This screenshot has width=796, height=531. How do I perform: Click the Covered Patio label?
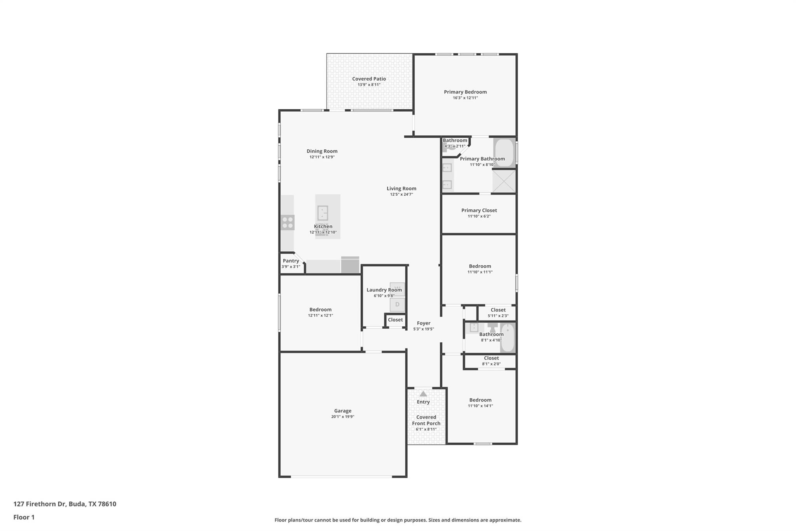pyautogui.click(x=369, y=79)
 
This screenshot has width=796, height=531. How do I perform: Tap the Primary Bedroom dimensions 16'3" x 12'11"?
pyautogui.click(x=465, y=98)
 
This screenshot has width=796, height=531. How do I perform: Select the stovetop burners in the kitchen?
pyautogui.click(x=288, y=223)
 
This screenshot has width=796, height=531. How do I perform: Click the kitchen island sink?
pyautogui.click(x=323, y=213)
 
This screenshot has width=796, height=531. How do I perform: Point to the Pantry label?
pyautogui.click(x=291, y=261)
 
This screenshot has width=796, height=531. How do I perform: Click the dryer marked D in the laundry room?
pyautogui.click(x=397, y=304)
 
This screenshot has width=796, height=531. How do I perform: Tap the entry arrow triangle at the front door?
pyautogui.click(x=423, y=394)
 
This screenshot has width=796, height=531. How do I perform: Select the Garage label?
pyautogui.click(x=342, y=410)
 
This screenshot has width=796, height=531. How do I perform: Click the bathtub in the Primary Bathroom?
pyautogui.click(x=504, y=153)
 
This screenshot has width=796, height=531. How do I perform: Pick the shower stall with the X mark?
pyautogui.click(x=504, y=181)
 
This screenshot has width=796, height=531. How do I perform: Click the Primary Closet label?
pyautogui.click(x=479, y=210)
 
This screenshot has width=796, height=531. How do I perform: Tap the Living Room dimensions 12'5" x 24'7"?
pyautogui.click(x=401, y=194)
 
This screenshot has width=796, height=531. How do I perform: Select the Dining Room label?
pyautogui.click(x=322, y=151)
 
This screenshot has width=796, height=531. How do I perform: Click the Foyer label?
pyautogui.click(x=423, y=323)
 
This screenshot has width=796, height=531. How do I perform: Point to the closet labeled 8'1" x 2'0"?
pyautogui.click(x=491, y=361)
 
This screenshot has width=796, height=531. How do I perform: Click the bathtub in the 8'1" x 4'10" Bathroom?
pyautogui.click(x=508, y=338)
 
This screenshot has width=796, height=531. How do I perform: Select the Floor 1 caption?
pyautogui.click(x=24, y=517)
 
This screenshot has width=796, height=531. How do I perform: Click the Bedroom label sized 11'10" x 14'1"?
pyautogui.click(x=480, y=400)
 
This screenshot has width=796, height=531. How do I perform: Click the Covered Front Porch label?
pyautogui.click(x=426, y=420)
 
